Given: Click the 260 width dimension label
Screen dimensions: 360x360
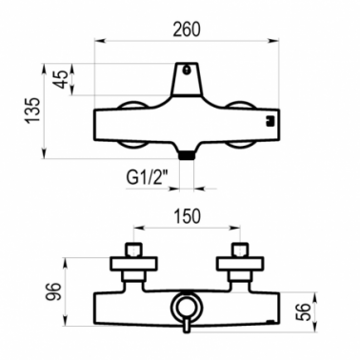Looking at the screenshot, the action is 187,30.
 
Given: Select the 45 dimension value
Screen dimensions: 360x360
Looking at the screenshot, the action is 60,79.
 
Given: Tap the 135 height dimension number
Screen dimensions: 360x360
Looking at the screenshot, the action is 33,110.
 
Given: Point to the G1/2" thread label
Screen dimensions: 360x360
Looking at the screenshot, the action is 147,178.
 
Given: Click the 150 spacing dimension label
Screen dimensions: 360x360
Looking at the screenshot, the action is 187,216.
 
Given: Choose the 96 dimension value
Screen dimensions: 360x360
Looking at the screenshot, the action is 52,291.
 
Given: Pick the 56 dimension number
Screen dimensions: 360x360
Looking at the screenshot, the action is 304,311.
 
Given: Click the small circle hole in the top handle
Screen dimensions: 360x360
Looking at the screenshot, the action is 187,70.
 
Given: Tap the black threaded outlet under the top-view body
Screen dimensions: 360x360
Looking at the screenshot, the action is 187,155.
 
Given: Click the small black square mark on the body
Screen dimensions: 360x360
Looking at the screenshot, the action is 270,121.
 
